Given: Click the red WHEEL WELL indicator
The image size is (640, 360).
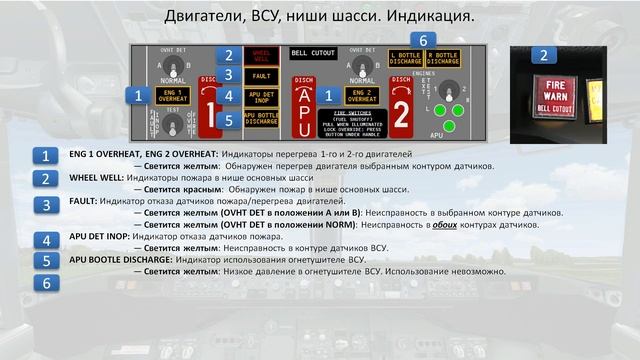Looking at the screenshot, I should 261,57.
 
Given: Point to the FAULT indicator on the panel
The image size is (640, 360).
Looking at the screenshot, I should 261,76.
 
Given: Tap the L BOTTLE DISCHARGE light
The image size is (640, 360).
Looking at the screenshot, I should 406,58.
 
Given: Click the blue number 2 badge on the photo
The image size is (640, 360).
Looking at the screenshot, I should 543,56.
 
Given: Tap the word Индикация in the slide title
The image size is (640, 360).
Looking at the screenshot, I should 431,18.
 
